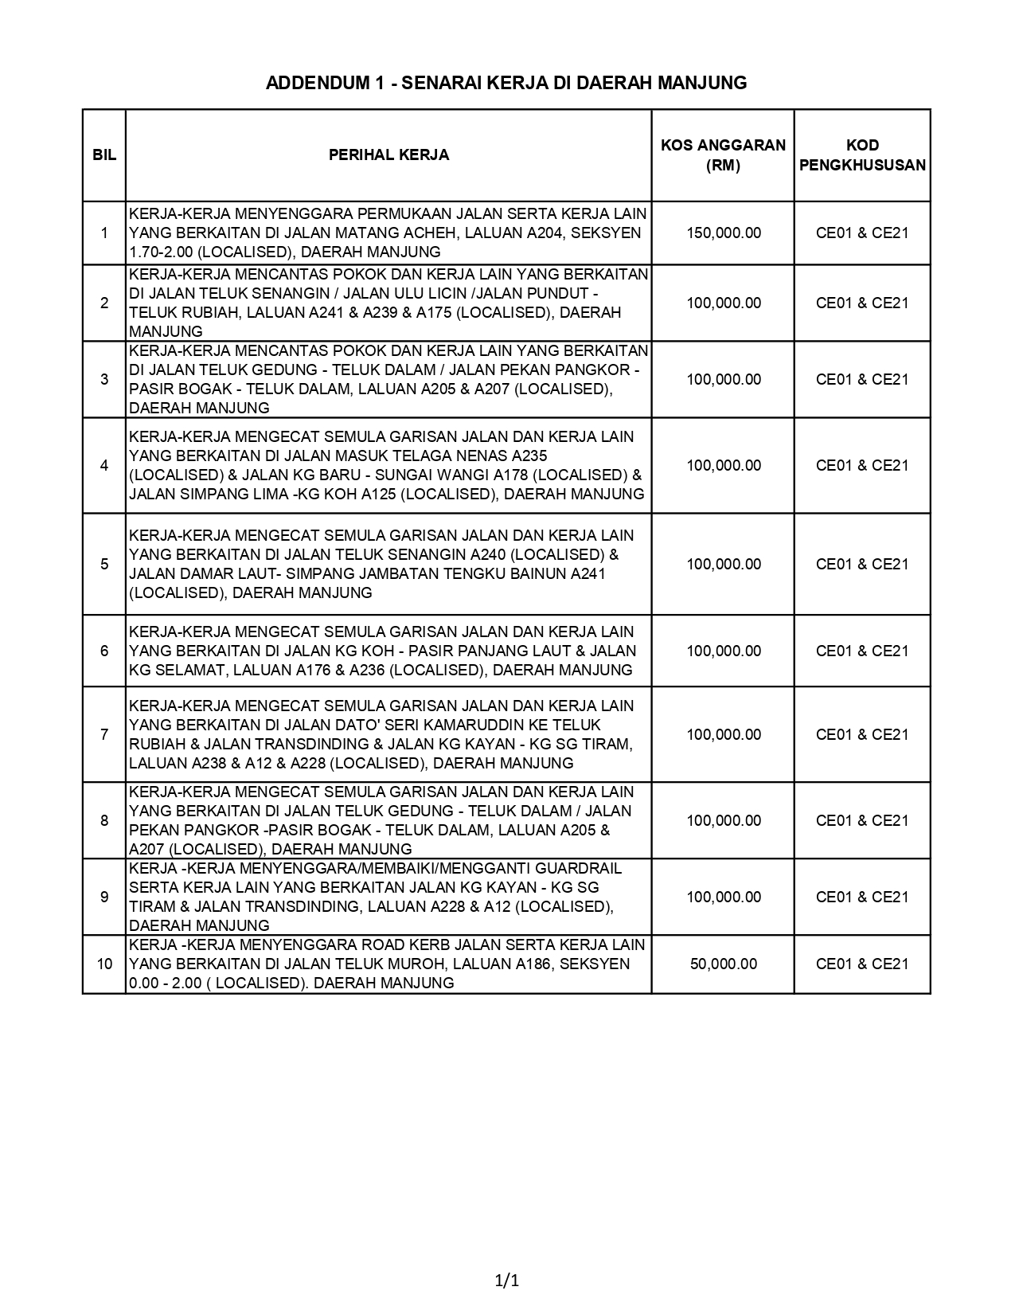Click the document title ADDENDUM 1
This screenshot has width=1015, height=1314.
pos(506,83)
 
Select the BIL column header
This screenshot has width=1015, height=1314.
pos(104,155)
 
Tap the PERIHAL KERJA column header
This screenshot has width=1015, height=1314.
pos(388,155)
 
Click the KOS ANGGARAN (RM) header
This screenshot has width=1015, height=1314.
pos(723,155)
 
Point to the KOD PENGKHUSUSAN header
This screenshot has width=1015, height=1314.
pos(862,155)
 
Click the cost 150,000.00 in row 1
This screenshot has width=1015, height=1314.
pos(724,233)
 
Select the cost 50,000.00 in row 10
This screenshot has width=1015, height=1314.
pos(724,964)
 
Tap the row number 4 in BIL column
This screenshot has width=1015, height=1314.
pos(104,466)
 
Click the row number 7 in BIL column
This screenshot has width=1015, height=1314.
pos(104,735)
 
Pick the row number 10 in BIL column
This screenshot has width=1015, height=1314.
pos(104,964)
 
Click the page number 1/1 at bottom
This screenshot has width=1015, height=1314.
pos(507,1281)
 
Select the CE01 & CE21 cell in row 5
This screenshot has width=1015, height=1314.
pos(862,565)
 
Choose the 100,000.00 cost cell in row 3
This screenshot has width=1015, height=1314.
pos(724,380)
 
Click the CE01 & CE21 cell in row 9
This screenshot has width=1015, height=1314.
pos(862,898)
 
